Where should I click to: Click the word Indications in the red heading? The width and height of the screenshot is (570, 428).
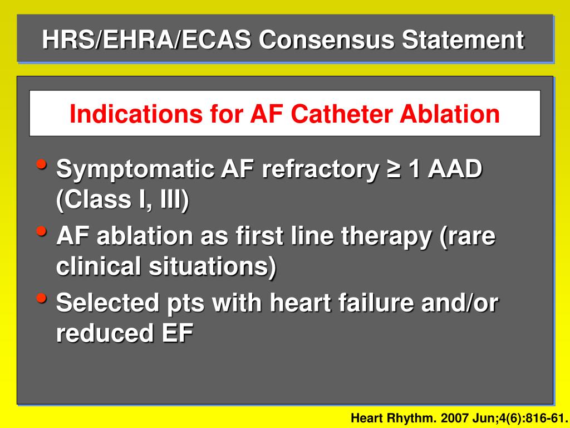click(136, 114)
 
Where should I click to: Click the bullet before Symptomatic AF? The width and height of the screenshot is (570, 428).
click(41, 165)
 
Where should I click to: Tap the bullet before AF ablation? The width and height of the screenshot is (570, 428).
click(41, 232)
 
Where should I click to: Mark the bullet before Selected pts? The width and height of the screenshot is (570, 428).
click(41, 299)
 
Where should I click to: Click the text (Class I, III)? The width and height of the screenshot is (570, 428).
click(122, 200)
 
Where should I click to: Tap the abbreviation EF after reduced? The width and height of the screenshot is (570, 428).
click(178, 334)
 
